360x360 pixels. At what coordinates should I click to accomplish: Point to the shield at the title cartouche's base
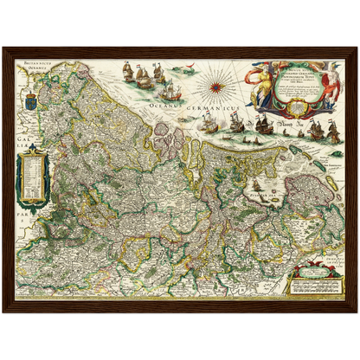pos(299,106)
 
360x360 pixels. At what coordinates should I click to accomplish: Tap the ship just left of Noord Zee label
pos(263,125)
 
